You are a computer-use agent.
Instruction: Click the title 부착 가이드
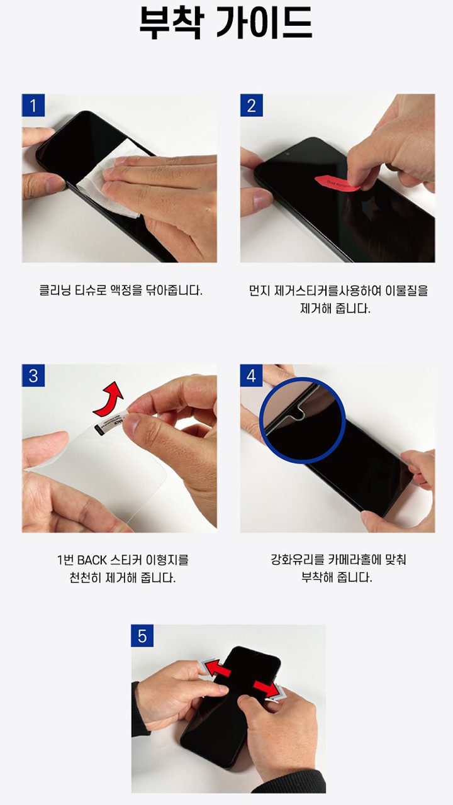(x=226, y=23)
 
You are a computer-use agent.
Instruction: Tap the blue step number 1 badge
(x=33, y=105)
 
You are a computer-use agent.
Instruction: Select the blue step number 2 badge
(x=251, y=105)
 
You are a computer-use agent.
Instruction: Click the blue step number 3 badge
(x=33, y=375)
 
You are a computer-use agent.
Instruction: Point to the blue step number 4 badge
(x=251, y=375)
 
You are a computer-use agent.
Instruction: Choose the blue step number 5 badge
(x=142, y=636)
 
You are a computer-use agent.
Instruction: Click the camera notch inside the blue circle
(x=298, y=413)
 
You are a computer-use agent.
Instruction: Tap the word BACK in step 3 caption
(x=92, y=560)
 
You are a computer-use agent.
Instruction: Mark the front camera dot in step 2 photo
(x=288, y=154)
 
